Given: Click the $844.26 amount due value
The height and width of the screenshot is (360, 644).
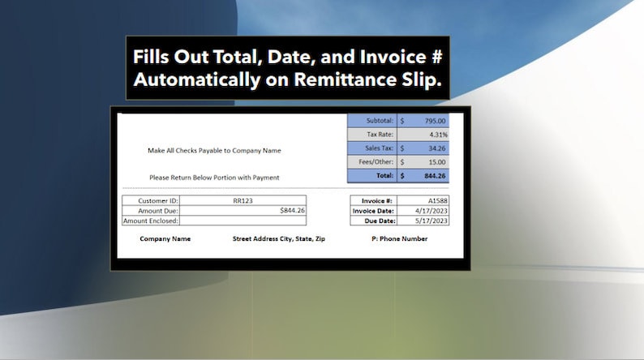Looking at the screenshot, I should pyautogui.click(x=292, y=210).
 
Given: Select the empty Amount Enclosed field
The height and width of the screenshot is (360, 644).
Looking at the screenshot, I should pyautogui.click(x=243, y=221).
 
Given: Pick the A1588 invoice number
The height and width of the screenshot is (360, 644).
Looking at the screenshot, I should pyautogui.click(x=438, y=200).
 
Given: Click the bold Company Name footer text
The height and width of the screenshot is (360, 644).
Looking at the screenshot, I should pyautogui.click(x=165, y=239).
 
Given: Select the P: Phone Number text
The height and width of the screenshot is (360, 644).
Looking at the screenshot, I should pyautogui.click(x=398, y=239).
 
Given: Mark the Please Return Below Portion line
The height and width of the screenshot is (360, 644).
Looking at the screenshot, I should pyautogui.click(x=214, y=178).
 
